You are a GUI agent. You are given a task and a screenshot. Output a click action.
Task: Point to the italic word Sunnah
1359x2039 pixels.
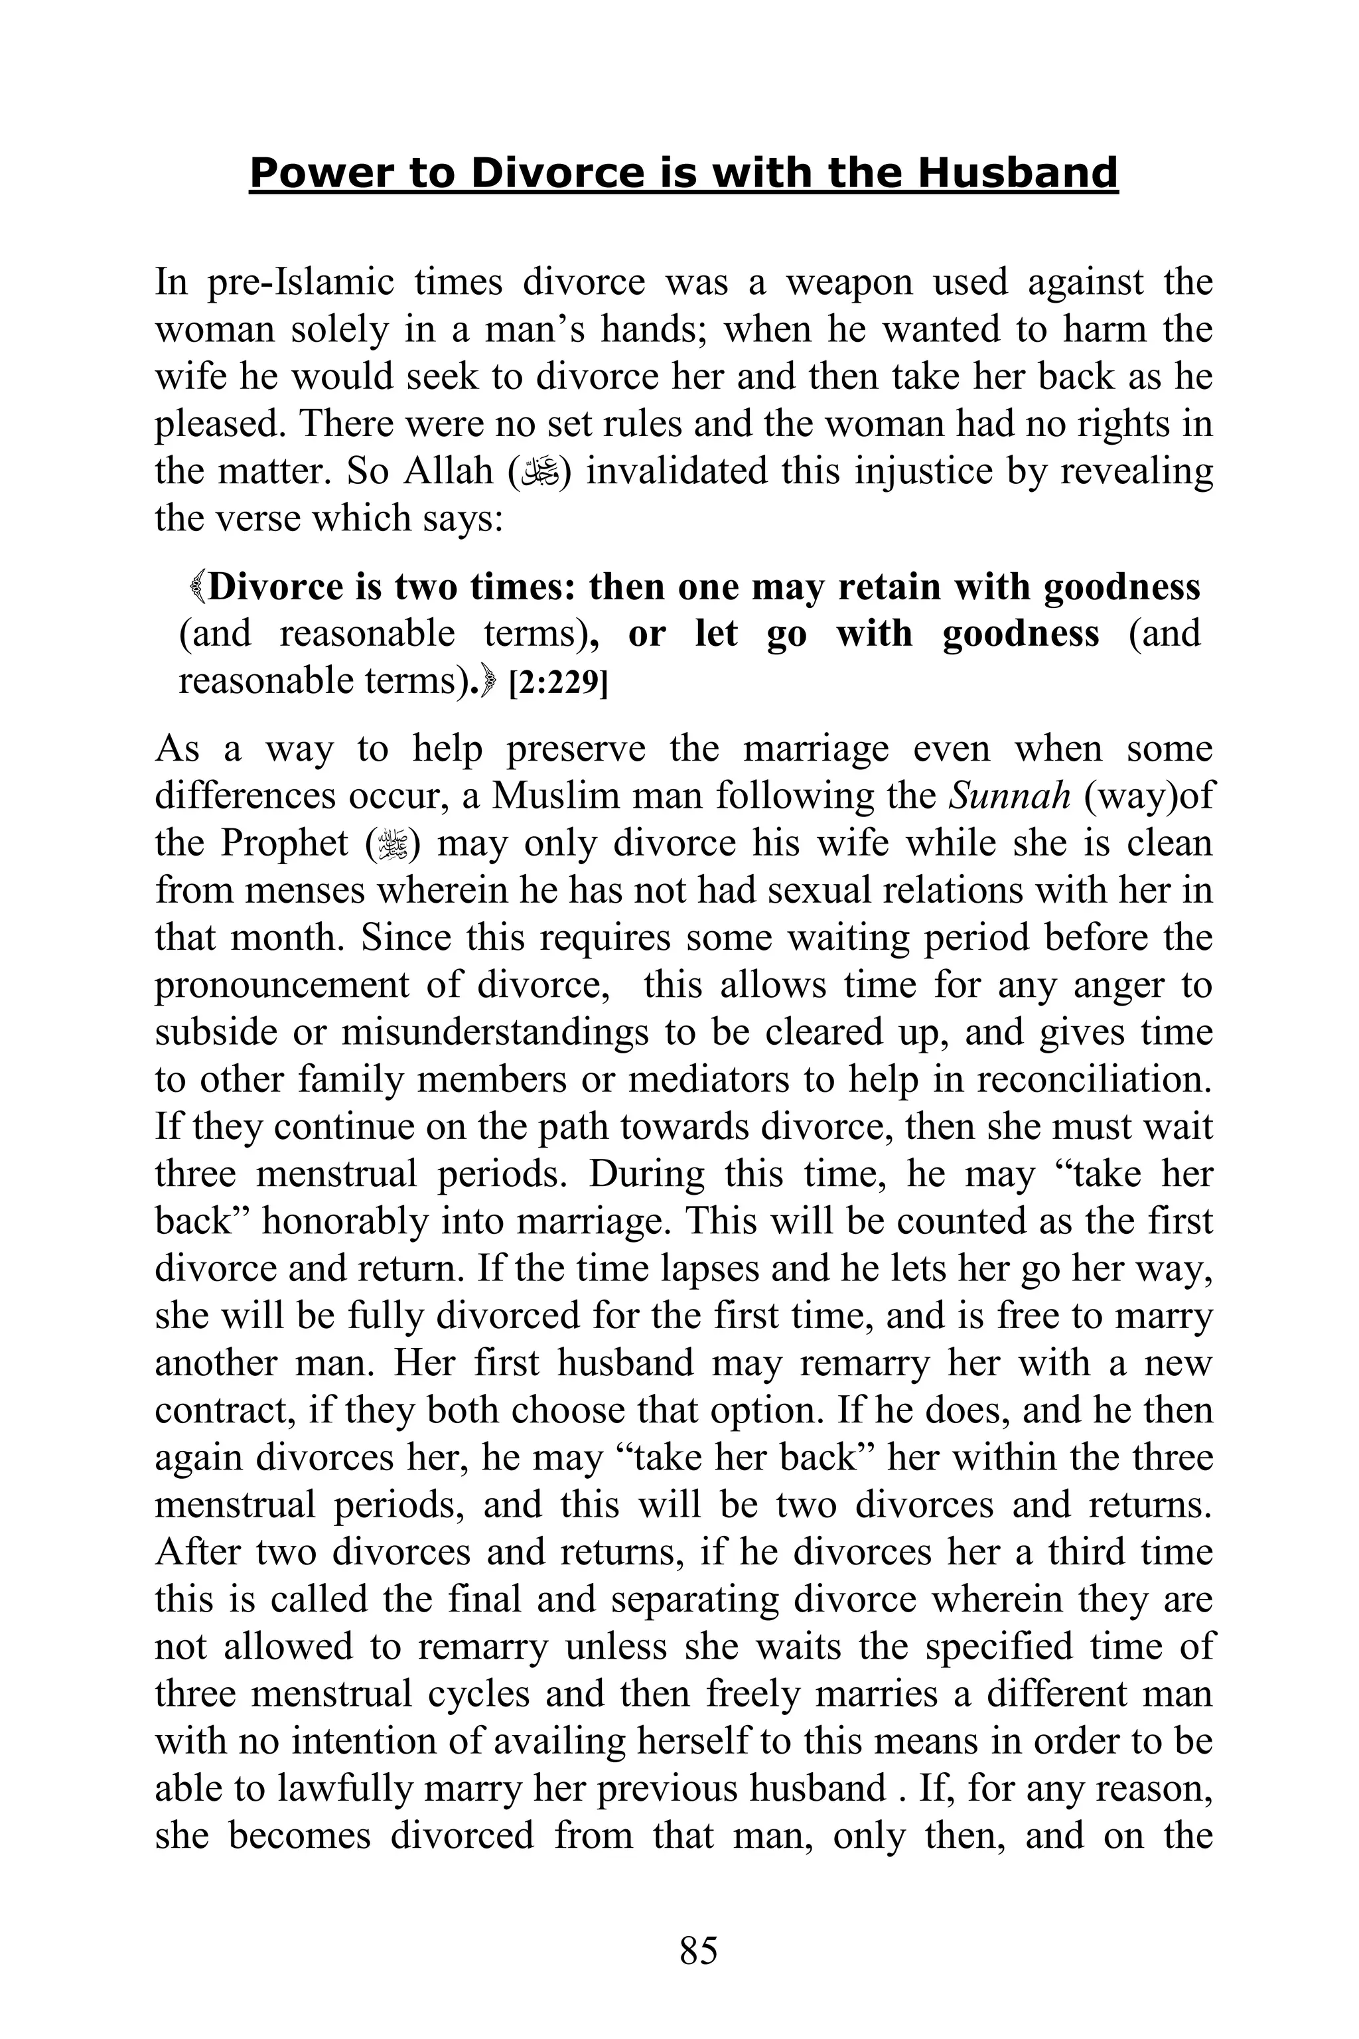tap(1010, 796)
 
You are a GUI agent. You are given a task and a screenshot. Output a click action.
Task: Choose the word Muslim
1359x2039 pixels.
tap(540, 796)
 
